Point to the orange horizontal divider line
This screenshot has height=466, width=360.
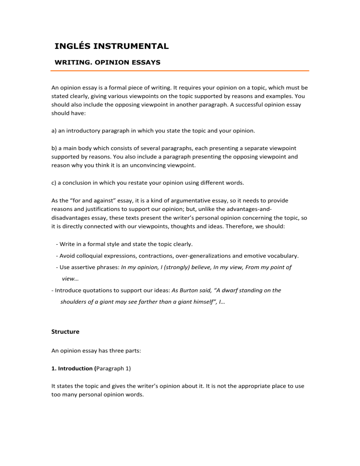pyautogui.click(x=180, y=71)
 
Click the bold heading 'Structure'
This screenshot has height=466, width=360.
pyautogui.click(x=65, y=331)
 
